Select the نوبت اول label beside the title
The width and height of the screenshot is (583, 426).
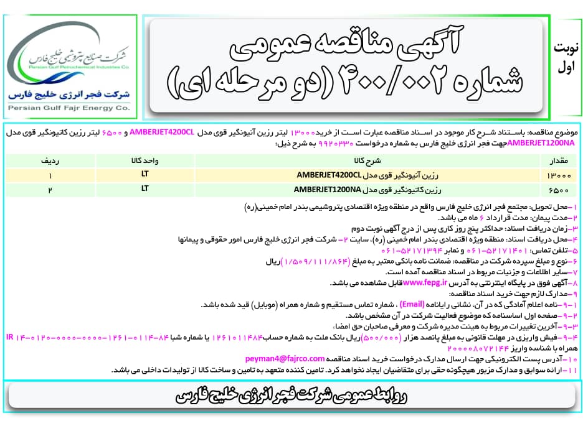[565, 56]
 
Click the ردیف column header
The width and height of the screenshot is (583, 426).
[50, 160]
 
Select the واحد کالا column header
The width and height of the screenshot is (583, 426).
[144, 160]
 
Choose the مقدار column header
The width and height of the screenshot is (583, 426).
[558, 160]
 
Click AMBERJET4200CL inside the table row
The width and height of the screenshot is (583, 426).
[328, 174]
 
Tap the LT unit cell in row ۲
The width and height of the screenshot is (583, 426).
[144, 188]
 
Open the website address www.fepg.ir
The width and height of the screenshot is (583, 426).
[426, 282]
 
